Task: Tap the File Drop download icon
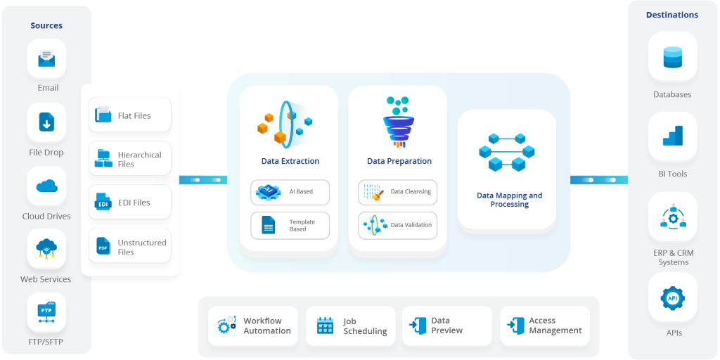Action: point(46,123)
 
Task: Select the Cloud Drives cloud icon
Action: point(46,186)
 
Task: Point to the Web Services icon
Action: point(46,250)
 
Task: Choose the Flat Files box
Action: point(129,115)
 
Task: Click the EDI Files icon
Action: point(103,202)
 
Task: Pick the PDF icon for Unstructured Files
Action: point(103,247)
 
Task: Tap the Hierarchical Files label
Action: point(139,160)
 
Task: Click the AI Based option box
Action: point(290,191)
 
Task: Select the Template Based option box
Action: point(290,226)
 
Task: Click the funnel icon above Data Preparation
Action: point(398,123)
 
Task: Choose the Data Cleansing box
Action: point(397,191)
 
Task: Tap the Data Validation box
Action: point(397,226)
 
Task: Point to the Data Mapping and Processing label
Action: point(509,200)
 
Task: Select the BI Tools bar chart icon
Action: point(673,136)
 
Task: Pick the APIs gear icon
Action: point(673,298)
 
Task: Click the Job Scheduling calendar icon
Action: point(325,326)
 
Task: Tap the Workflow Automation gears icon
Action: point(227,326)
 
